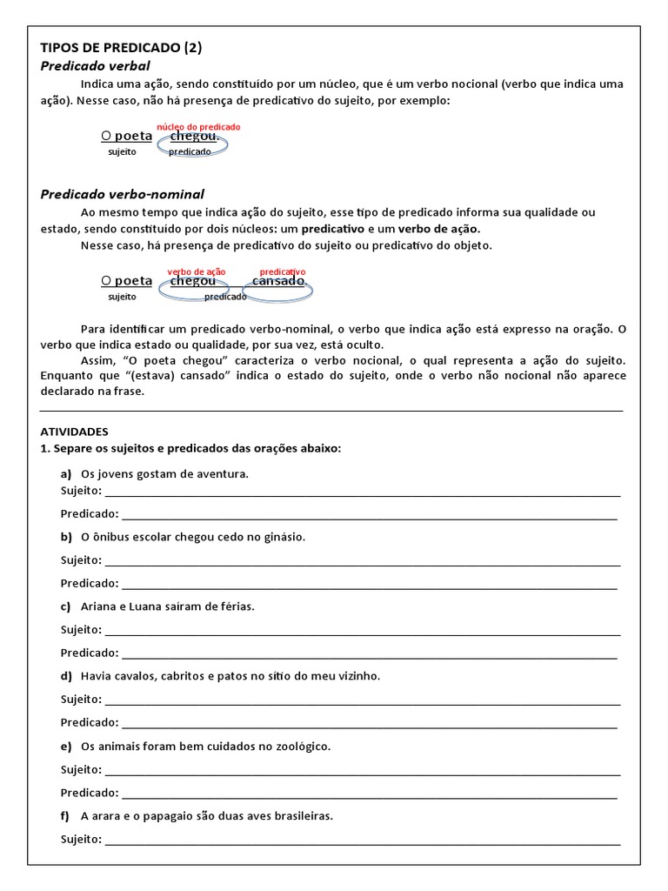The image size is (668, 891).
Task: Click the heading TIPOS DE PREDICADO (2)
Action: click(x=121, y=48)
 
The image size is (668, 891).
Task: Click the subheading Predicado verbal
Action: click(x=95, y=66)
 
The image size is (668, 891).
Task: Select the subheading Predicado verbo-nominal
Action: click(x=122, y=194)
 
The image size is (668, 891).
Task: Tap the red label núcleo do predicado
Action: click(x=198, y=127)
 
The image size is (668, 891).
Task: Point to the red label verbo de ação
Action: click(x=196, y=272)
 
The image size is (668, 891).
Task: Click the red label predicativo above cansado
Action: click(x=283, y=272)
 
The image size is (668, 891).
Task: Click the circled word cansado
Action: click(x=278, y=281)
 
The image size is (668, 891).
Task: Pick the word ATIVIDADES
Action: click(x=74, y=431)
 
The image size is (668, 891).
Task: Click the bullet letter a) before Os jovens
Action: click(x=66, y=474)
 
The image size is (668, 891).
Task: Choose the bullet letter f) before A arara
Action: click(x=65, y=816)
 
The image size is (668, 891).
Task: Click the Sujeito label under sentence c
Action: click(x=81, y=629)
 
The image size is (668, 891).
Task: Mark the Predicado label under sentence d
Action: click(x=89, y=722)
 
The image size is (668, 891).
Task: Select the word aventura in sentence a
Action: click(x=224, y=474)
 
